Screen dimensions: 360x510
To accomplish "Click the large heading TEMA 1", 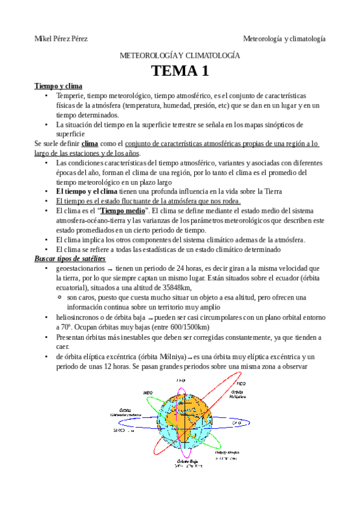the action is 180,71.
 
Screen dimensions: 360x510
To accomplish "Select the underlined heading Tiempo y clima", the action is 58,86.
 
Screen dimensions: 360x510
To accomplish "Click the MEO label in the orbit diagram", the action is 147,393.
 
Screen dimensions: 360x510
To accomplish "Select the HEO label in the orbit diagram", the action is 240,383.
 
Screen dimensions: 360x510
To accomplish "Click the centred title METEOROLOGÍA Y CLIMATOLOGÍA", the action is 180,55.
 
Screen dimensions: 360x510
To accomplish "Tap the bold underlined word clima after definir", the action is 90,144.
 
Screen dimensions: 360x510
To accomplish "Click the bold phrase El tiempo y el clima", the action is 91,191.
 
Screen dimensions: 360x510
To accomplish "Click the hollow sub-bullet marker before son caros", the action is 61,298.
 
